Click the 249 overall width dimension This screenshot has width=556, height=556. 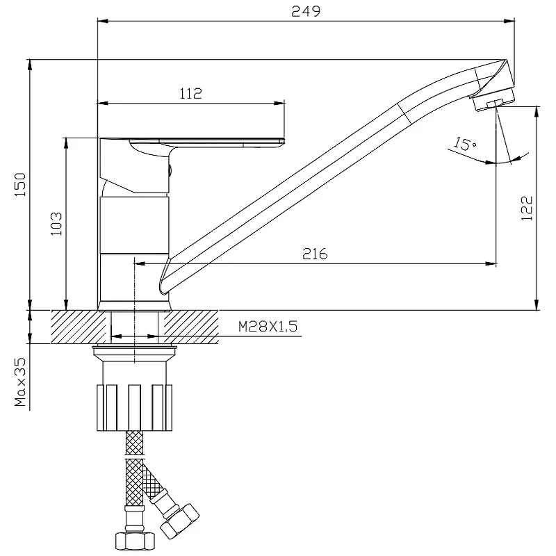pos(306,11)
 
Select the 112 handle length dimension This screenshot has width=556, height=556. pos(190,94)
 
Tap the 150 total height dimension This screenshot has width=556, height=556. pos(20,184)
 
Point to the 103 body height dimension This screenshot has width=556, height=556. pos(56,224)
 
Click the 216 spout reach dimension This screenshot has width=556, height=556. pos(315,254)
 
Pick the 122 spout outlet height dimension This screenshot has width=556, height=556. pos(527,208)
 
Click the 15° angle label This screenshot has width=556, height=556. pos(465,144)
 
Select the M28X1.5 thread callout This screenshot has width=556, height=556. pos(268,326)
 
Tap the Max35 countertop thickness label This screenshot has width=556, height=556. pos(20,382)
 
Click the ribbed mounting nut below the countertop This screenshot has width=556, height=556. pos(134,407)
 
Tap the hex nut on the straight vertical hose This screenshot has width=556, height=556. pos(135,541)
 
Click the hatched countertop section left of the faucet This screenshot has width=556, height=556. pos(79,327)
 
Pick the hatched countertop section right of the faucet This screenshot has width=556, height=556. pos(190,327)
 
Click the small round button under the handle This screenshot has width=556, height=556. pos(170,170)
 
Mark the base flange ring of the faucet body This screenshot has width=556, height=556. pos(135,306)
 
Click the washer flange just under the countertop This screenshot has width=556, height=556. pos(135,350)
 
